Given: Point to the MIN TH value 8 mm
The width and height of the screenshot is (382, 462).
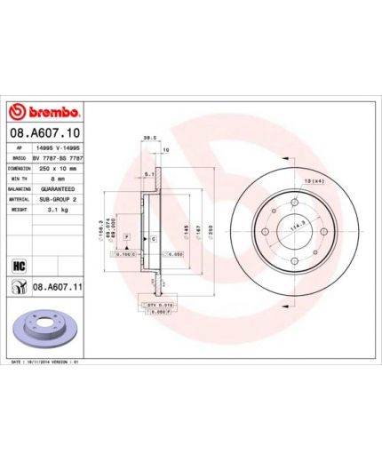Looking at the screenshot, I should click(x=47, y=178).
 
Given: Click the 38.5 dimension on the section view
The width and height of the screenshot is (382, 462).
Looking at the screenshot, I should click(x=150, y=138).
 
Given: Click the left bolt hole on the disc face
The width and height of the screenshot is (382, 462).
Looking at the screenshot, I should click(x=265, y=232).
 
